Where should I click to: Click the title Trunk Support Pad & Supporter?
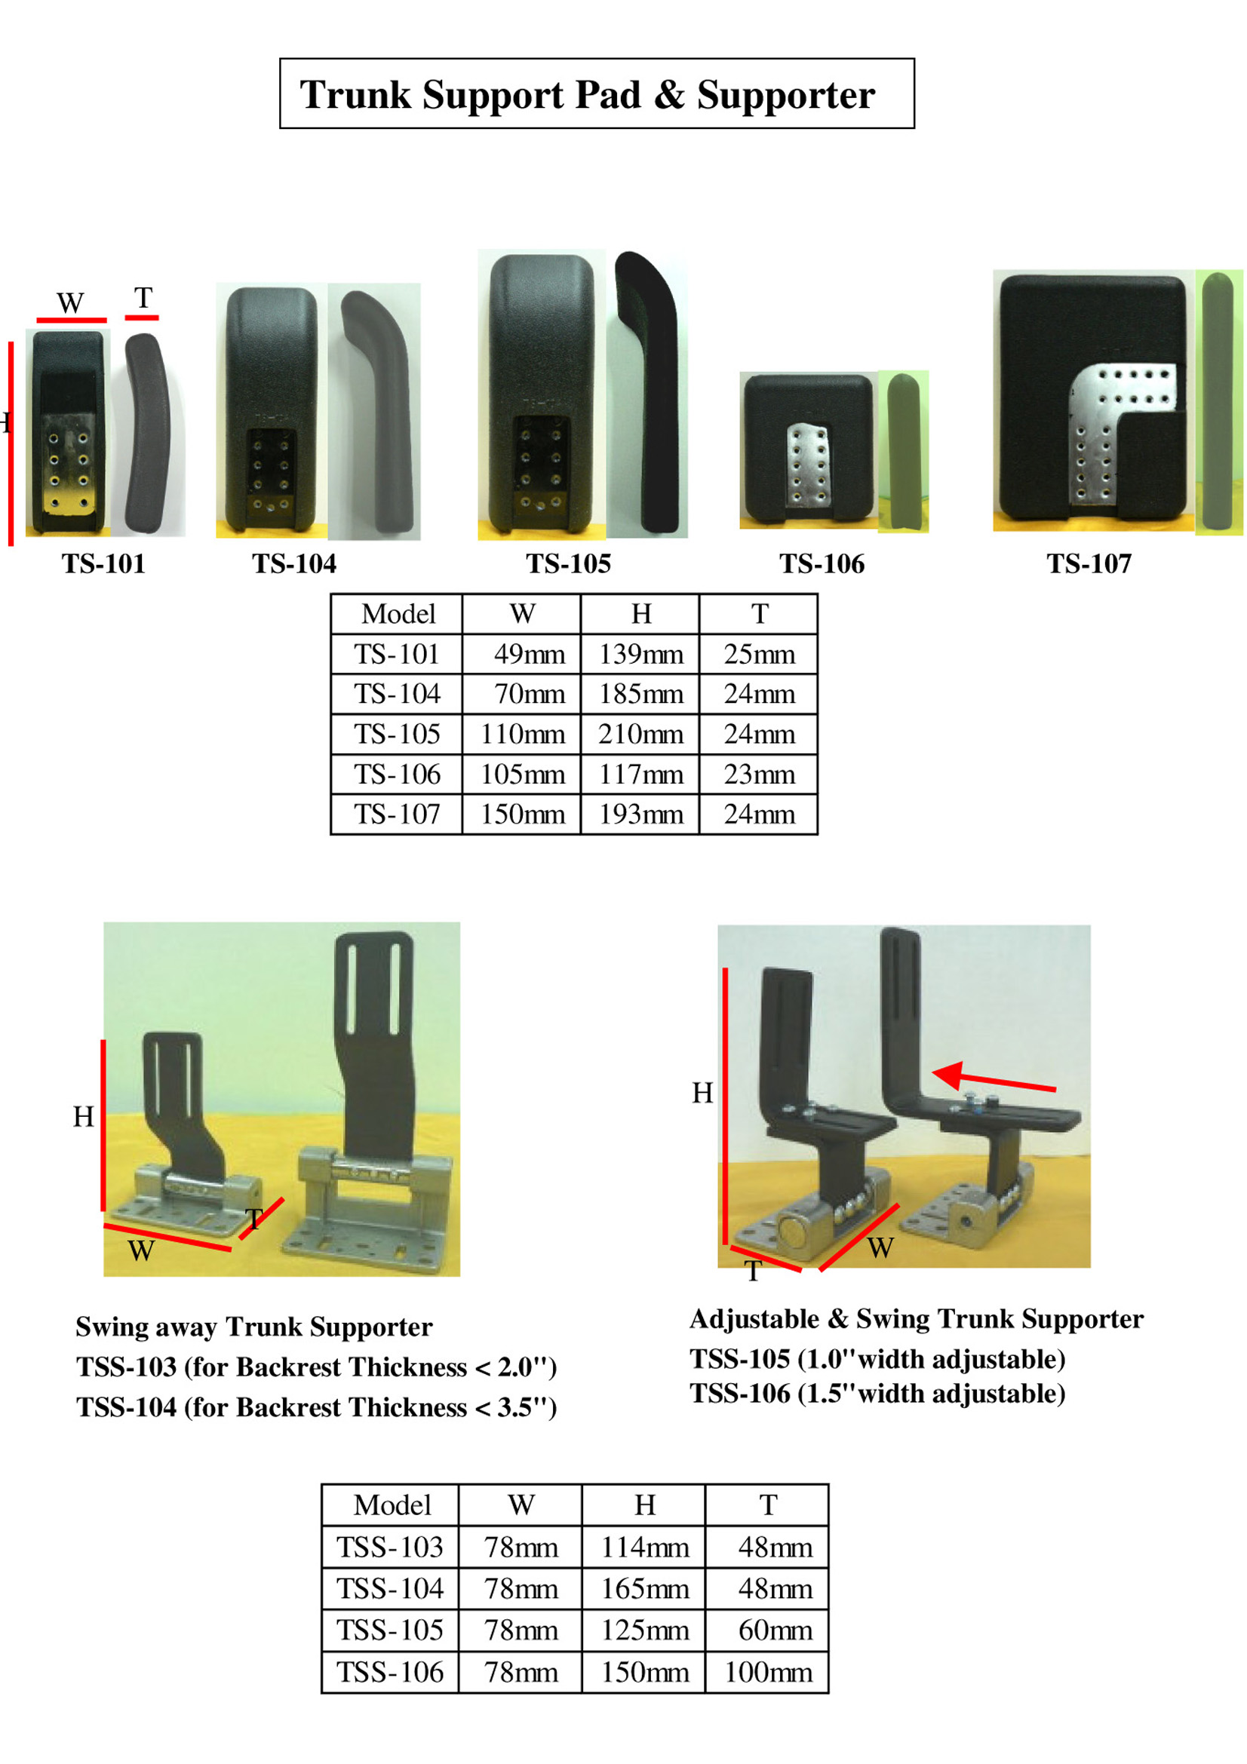[587, 94]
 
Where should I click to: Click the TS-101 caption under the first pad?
[103, 564]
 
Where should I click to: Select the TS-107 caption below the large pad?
[1089, 564]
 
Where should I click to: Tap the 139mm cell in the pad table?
[640, 655]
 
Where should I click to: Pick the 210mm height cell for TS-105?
[640, 735]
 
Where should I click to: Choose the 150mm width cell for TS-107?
[523, 815]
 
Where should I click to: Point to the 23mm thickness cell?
[759, 775]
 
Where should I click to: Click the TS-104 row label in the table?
[397, 695]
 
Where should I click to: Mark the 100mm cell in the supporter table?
[767, 1673]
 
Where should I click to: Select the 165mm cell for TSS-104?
[645, 1589]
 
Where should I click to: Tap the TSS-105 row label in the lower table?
[389, 1631]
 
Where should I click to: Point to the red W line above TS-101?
[72, 320]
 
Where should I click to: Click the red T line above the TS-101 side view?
[142, 317]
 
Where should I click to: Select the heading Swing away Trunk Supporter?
[253, 1327]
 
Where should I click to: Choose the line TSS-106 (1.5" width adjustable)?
[877, 1394]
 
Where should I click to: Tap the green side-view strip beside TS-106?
[903, 452]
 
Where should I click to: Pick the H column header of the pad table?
[640, 614]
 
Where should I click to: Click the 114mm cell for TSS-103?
[645, 1548]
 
